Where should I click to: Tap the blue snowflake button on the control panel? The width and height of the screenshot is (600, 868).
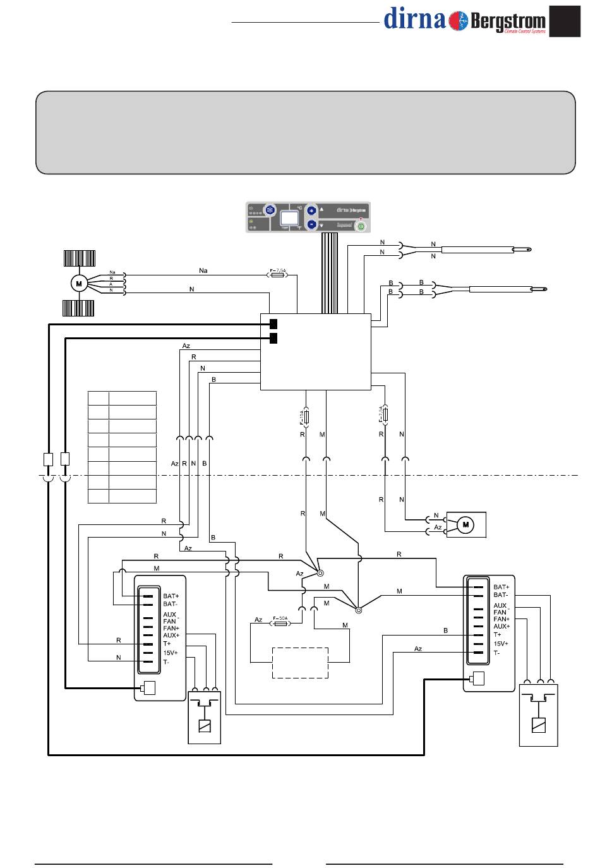(269, 211)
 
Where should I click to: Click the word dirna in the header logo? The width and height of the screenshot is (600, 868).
(415, 19)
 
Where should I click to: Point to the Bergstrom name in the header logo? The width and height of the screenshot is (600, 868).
(507, 21)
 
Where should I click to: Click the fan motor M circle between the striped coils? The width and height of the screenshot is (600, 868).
(79, 284)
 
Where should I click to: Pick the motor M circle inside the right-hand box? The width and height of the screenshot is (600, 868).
(466, 524)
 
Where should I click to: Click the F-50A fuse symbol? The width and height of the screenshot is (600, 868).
(280, 623)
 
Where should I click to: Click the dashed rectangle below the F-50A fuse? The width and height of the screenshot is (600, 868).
(300, 663)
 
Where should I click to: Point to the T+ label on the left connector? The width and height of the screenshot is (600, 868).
(167, 644)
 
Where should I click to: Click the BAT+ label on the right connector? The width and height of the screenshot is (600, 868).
(501, 587)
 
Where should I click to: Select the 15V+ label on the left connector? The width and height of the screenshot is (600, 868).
(170, 653)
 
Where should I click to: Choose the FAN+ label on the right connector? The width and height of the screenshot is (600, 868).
(501, 619)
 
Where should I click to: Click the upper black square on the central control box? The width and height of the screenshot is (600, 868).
(273, 324)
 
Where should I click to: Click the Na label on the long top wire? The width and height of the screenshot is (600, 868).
(203, 270)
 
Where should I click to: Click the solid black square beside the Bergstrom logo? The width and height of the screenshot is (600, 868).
(565, 21)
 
